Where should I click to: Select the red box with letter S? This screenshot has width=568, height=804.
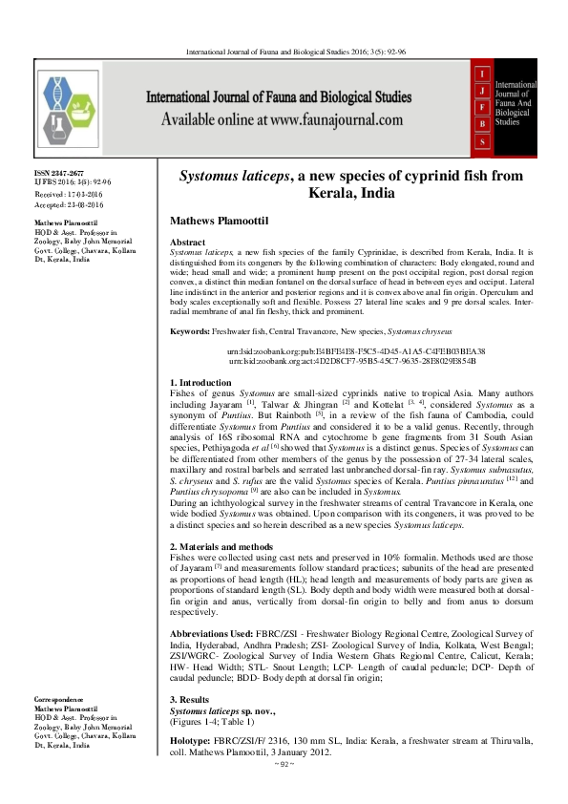tap(484, 142)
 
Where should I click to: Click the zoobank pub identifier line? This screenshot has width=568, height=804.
tap(356, 351)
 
